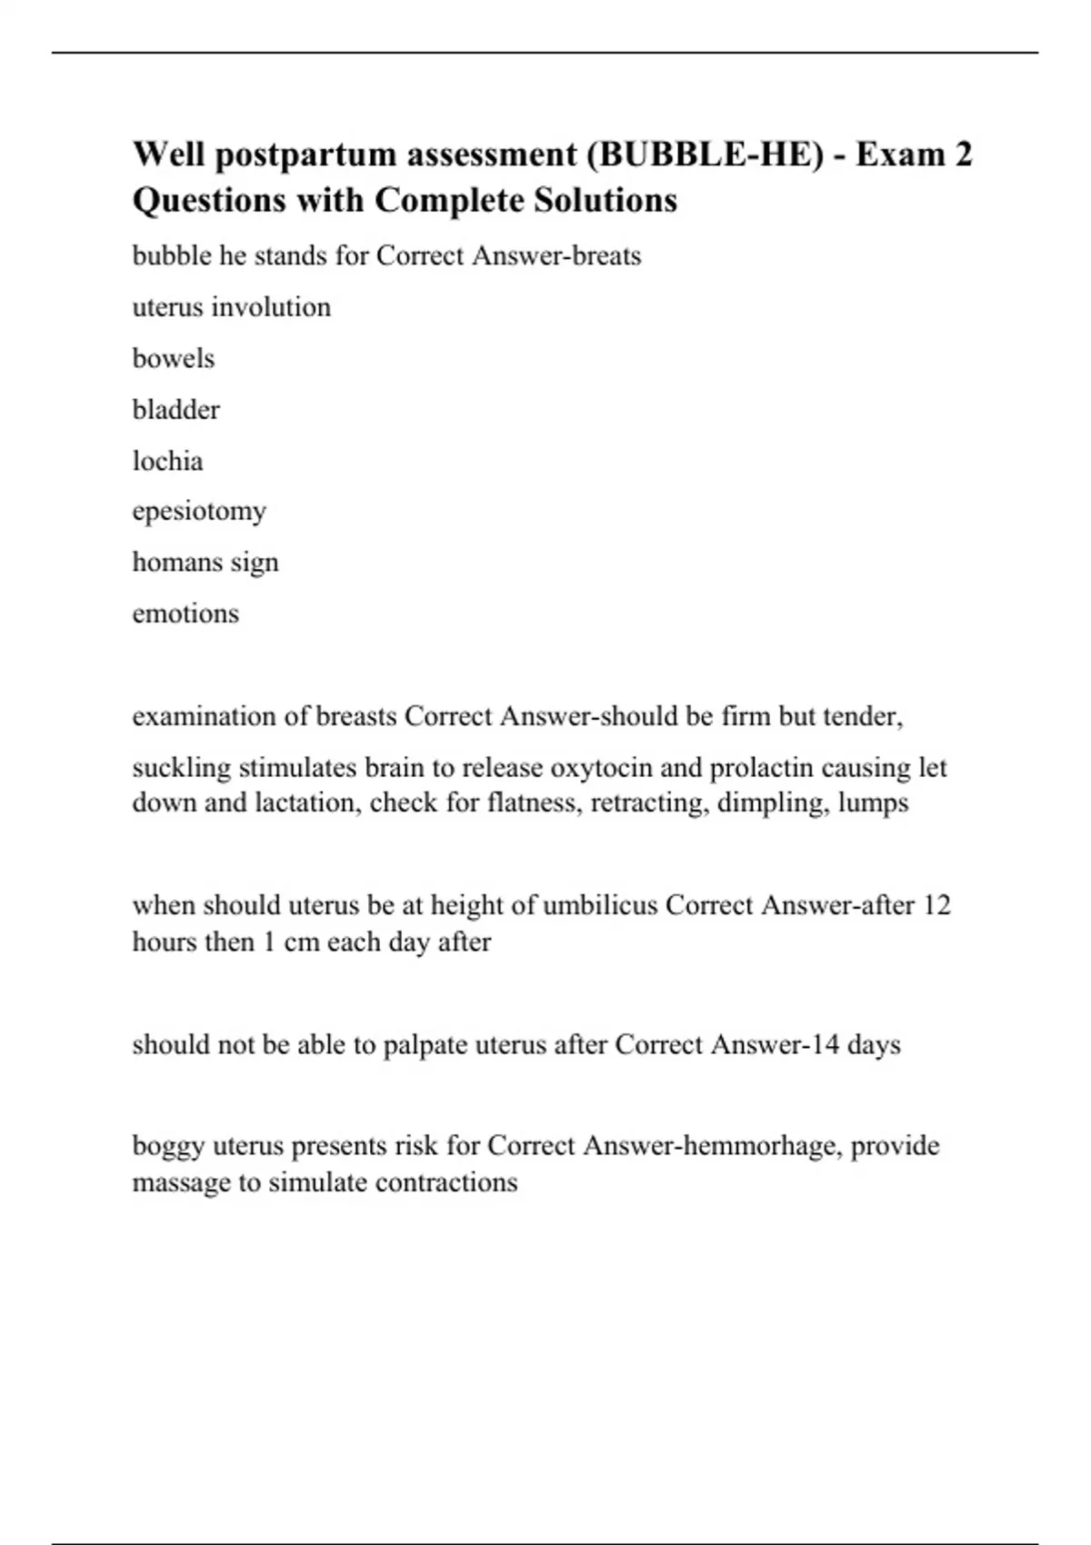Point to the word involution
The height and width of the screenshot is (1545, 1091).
click(271, 307)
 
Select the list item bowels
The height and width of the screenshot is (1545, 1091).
click(174, 358)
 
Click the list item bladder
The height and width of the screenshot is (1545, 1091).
click(176, 410)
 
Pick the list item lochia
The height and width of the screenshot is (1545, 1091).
click(168, 461)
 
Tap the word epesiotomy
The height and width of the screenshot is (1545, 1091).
click(199, 512)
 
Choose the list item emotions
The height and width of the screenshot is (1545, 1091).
click(185, 613)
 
